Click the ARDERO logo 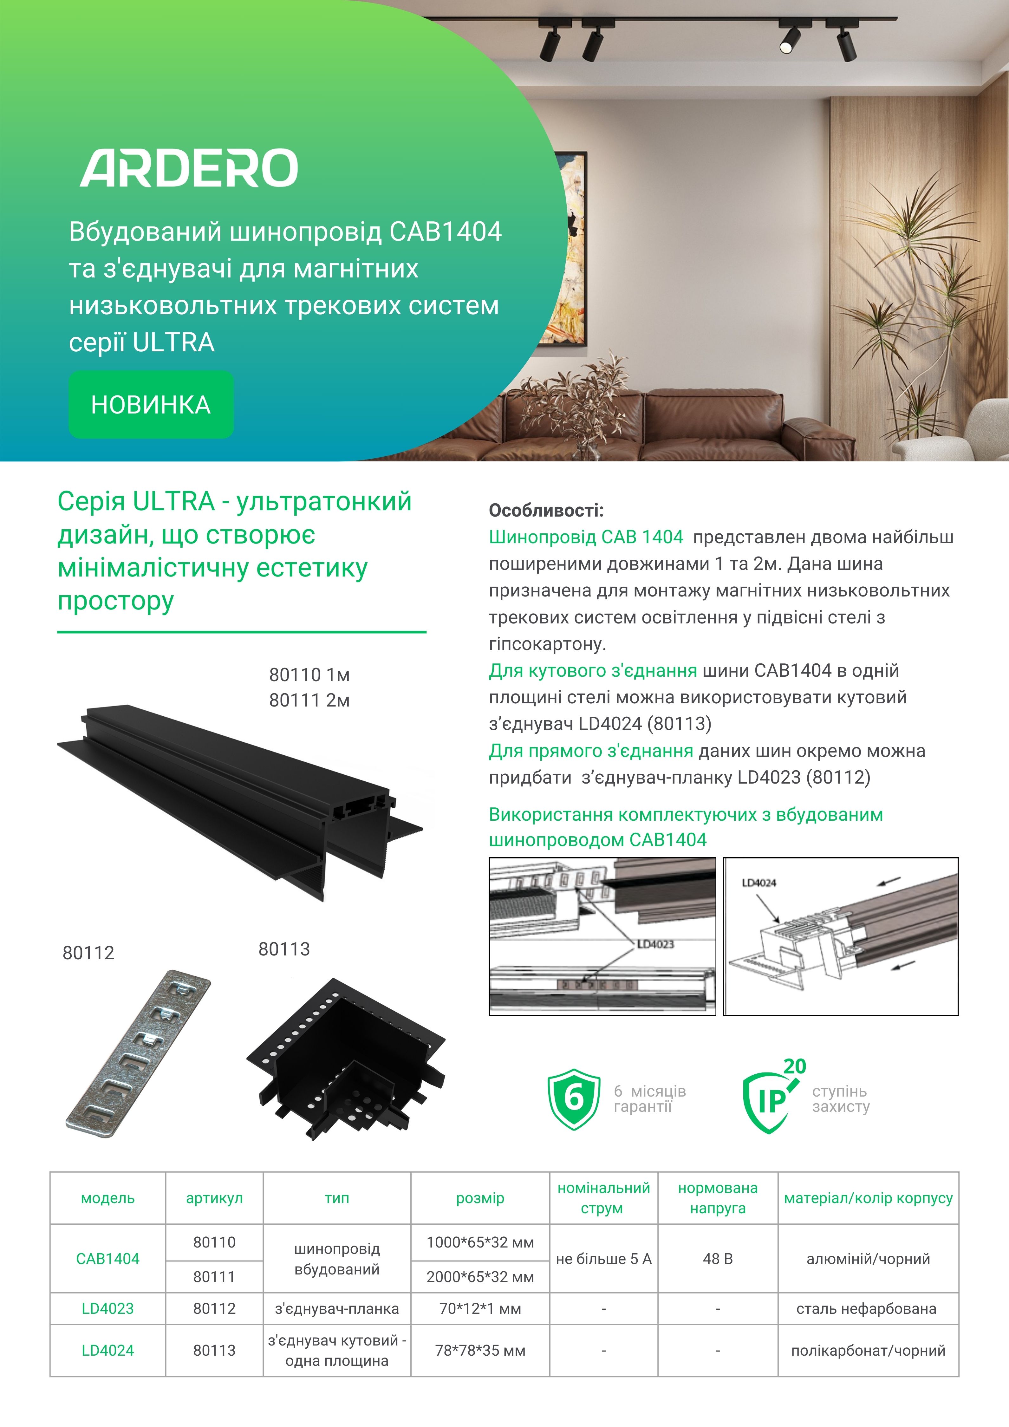click(189, 168)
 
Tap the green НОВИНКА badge click(151, 405)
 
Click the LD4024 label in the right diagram click(758, 883)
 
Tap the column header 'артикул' click(214, 1198)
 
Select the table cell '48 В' click(718, 1259)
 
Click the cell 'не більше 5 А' click(603, 1259)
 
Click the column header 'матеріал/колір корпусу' click(868, 1198)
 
